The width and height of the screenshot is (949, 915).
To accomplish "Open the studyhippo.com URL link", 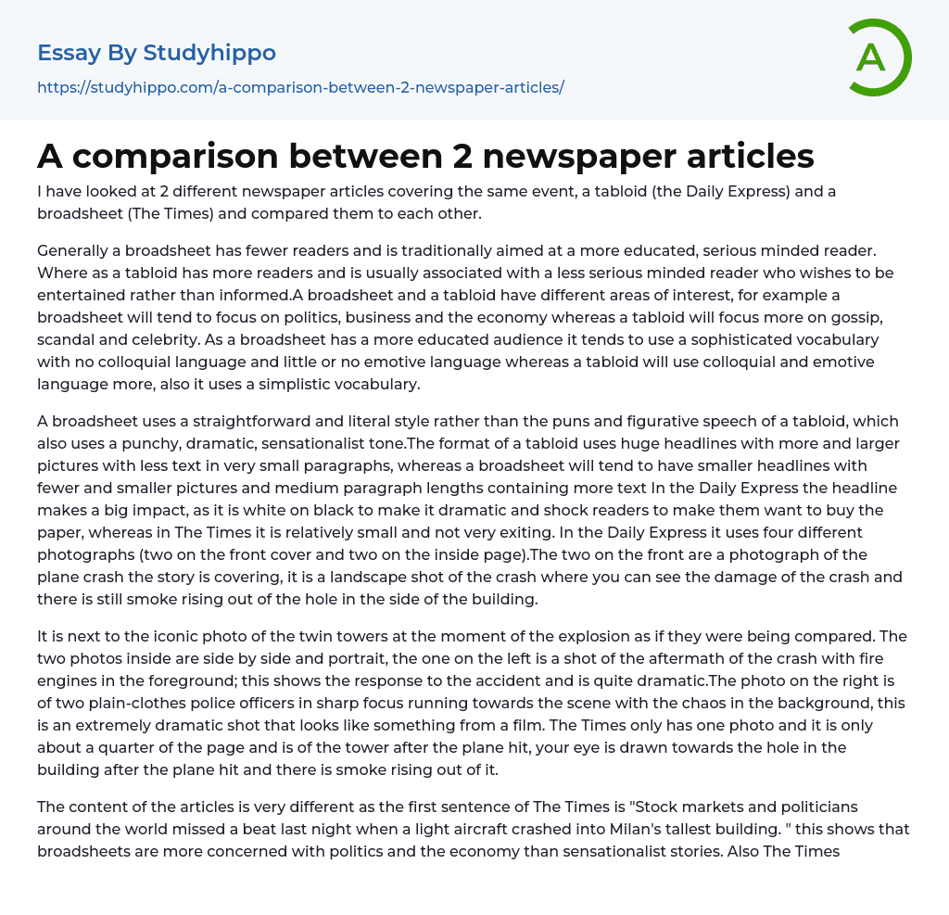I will [300, 88].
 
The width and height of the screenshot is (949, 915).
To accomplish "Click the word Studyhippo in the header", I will [209, 53].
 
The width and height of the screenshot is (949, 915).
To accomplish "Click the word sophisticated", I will [717, 339].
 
